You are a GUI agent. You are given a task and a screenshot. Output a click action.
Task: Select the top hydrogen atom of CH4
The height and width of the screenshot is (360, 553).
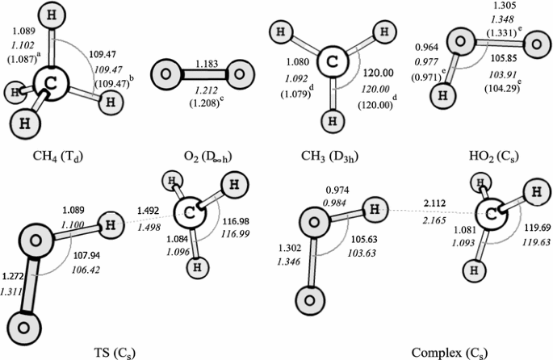[52, 19]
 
